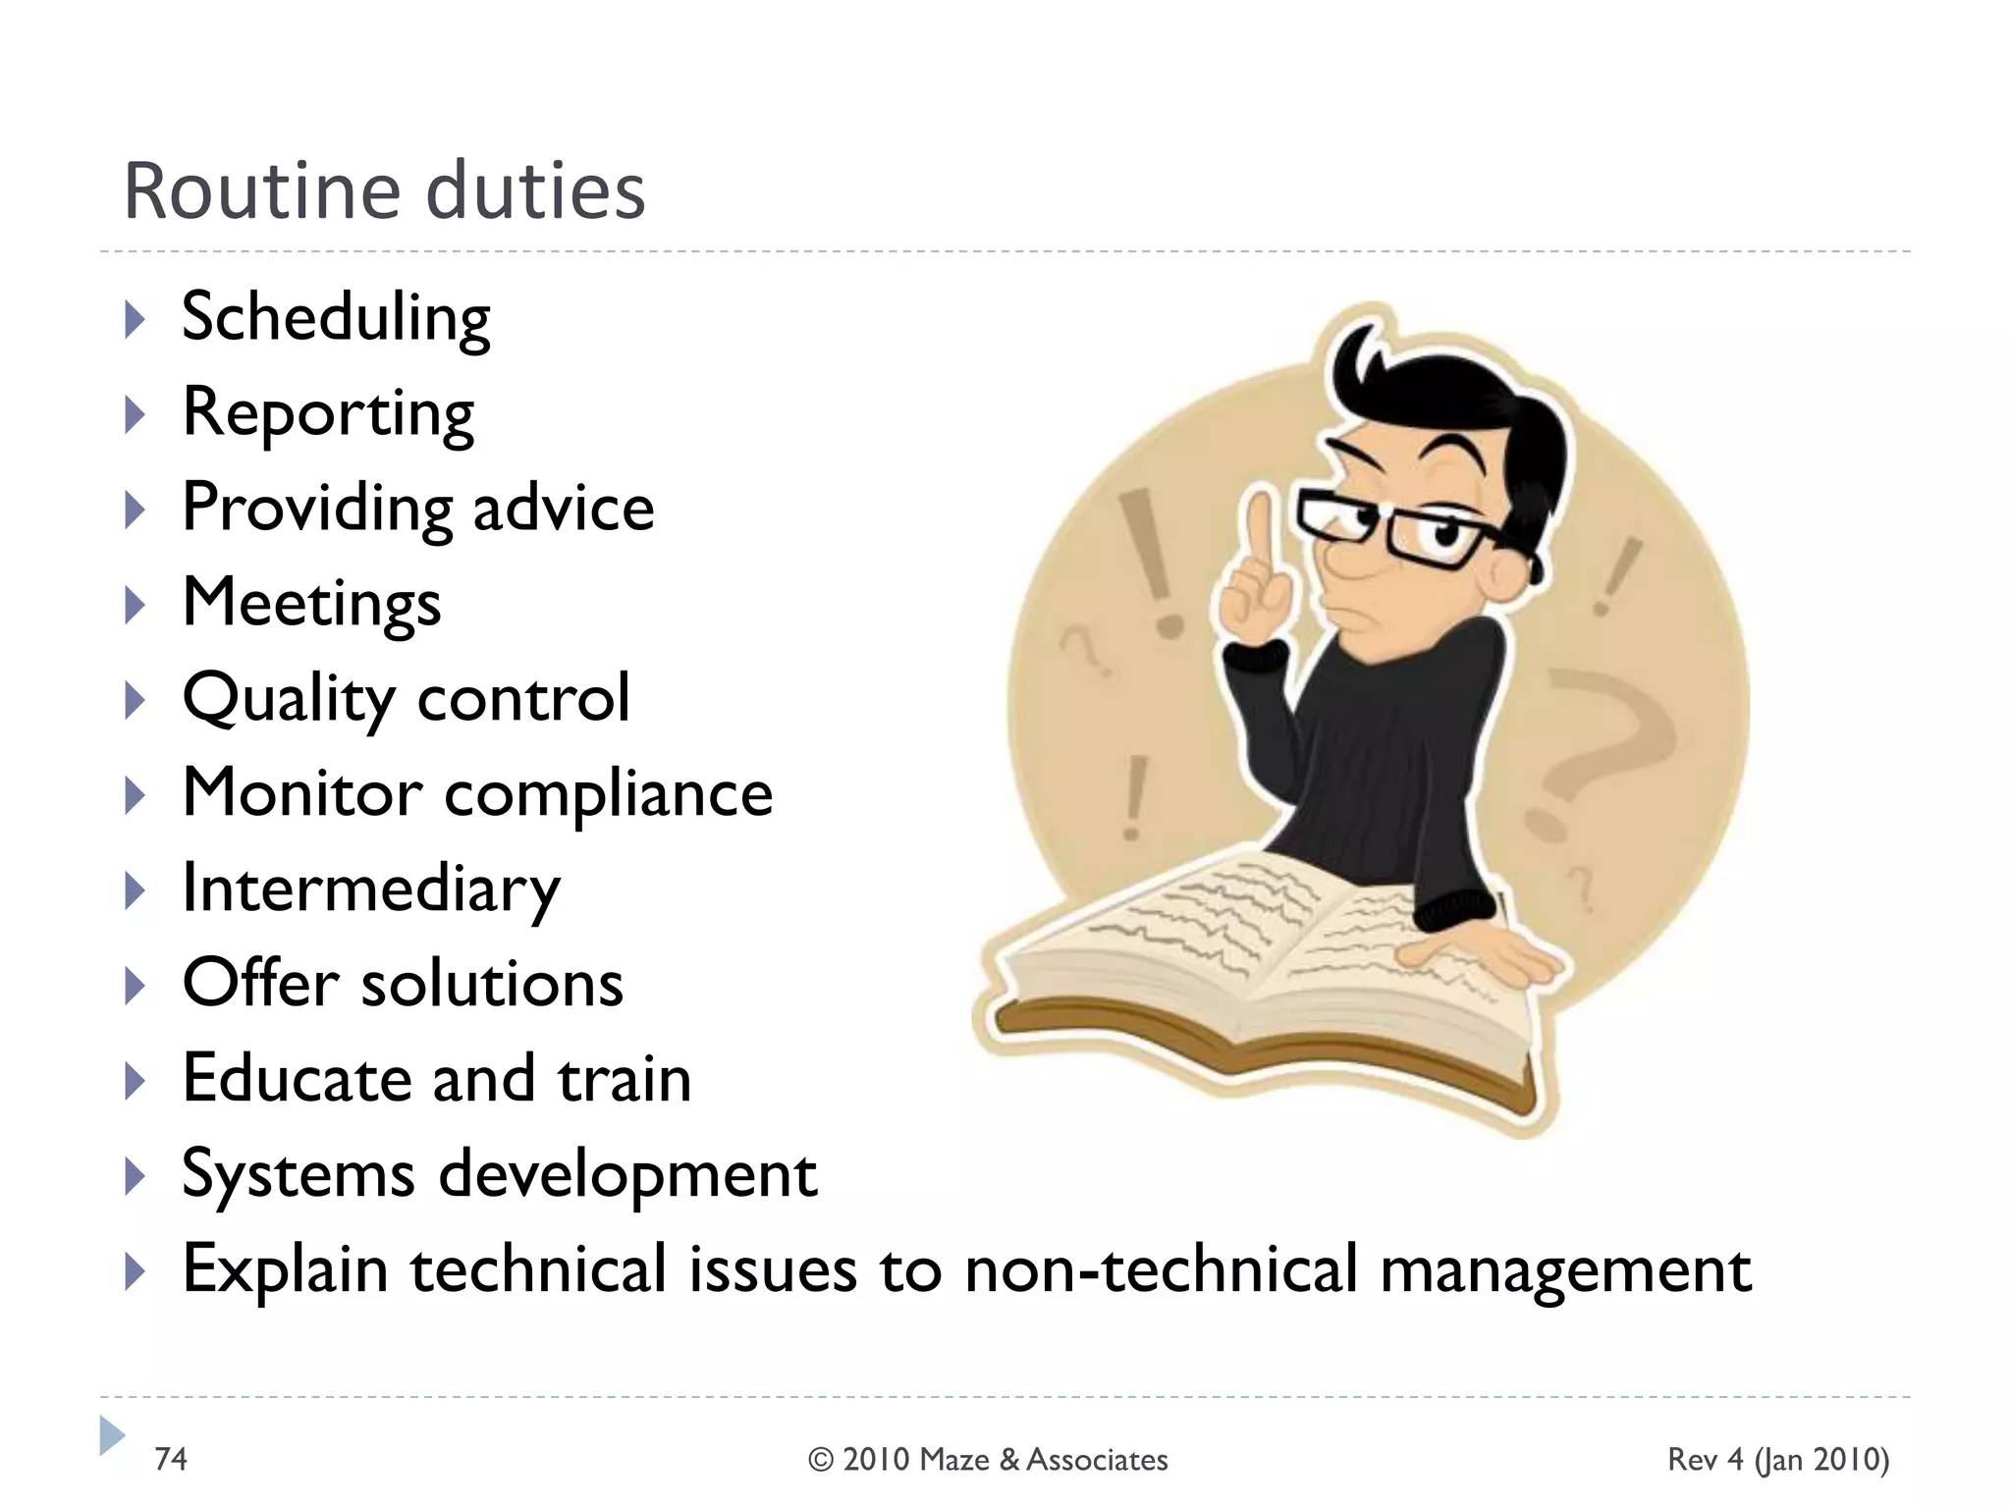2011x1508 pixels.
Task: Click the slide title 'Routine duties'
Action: coord(384,190)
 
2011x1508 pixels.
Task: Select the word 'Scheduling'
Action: coord(336,318)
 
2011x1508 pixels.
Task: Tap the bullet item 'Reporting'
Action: coord(328,413)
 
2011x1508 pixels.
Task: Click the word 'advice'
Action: coord(563,508)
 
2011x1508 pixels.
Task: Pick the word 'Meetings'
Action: coord(311,603)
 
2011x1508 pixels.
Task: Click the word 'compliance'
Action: coord(609,793)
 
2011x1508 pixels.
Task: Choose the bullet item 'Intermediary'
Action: coord(371,889)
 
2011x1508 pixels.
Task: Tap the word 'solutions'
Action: coord(492,984)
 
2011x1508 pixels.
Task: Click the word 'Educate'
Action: coord(296,1079)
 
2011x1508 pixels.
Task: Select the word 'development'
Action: coord(627,1174)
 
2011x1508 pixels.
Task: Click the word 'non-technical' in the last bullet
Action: coord(1162,1269)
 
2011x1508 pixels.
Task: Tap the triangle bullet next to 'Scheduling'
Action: coord(136,320)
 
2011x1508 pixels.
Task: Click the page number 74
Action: coord(171,1459)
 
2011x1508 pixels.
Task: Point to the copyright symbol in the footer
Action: coord(820,1460)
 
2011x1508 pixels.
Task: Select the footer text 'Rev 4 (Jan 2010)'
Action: coord(1778,1460)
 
